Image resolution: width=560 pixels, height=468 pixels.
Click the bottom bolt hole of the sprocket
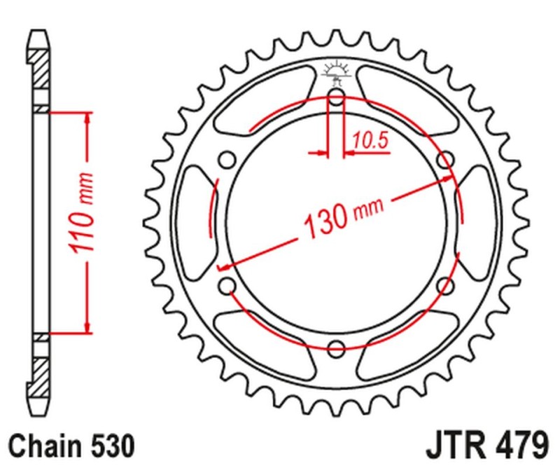click(x=336, y=348)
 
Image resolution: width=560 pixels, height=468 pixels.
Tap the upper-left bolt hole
click(x=226, y=159)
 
